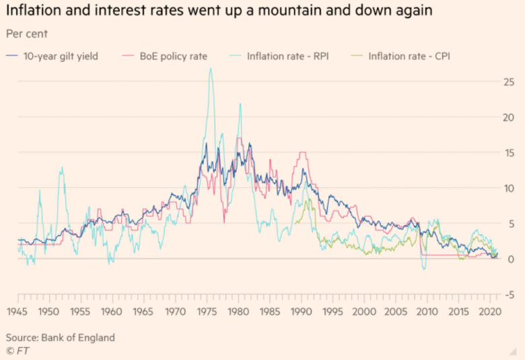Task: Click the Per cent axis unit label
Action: click(x=27, y=33)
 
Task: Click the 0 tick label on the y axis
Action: click(x=512, y=259)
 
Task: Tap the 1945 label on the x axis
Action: click(x=17, y=312)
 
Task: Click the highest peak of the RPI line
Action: click(x=211, y=69)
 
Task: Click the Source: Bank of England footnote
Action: click(x=61, y=337)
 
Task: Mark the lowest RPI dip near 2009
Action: click(x=424, y=269)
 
